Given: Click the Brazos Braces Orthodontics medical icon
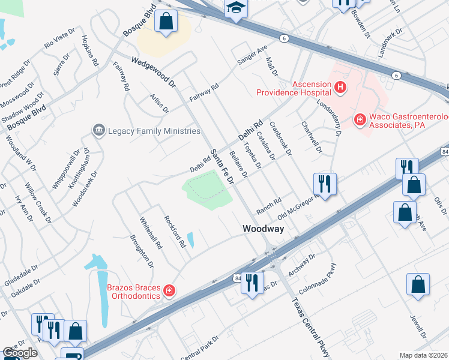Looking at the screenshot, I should coord(170,291).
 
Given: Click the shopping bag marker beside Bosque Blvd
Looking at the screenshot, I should coord(166,22).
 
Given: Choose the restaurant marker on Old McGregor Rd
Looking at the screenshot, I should coord(325,184).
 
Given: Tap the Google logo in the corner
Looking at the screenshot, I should coord(20,353).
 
